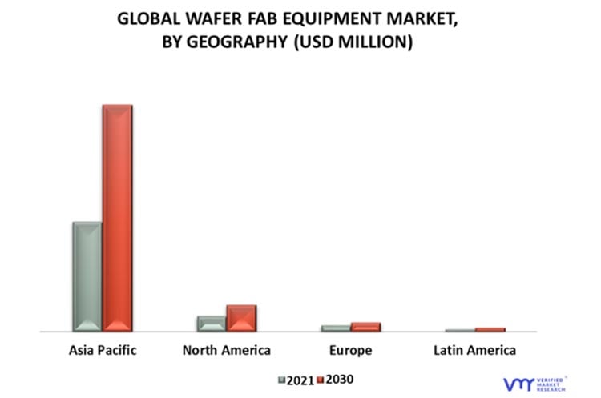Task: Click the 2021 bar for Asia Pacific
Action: click(x=87, y=276)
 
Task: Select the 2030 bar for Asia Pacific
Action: click(x=117, y=218)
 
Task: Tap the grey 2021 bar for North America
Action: click(x=212, y=323)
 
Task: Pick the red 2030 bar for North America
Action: click(x=241, y=317)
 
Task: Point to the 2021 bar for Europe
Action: click(x=336, y=328)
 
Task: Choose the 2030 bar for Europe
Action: click(x=365, y=326)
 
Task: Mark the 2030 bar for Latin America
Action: click(x=490, y=329)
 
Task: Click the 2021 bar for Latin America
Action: click(x=460, y=330)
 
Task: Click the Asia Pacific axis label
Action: click(x=103, y=350)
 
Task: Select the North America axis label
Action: click(x=226, y=350)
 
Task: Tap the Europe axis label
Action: click(x=350, y=350)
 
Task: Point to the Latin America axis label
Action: click(x=474, y=350)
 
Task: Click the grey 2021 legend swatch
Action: click(x=281, y=380)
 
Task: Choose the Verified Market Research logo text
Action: click(x=551, y=384)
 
